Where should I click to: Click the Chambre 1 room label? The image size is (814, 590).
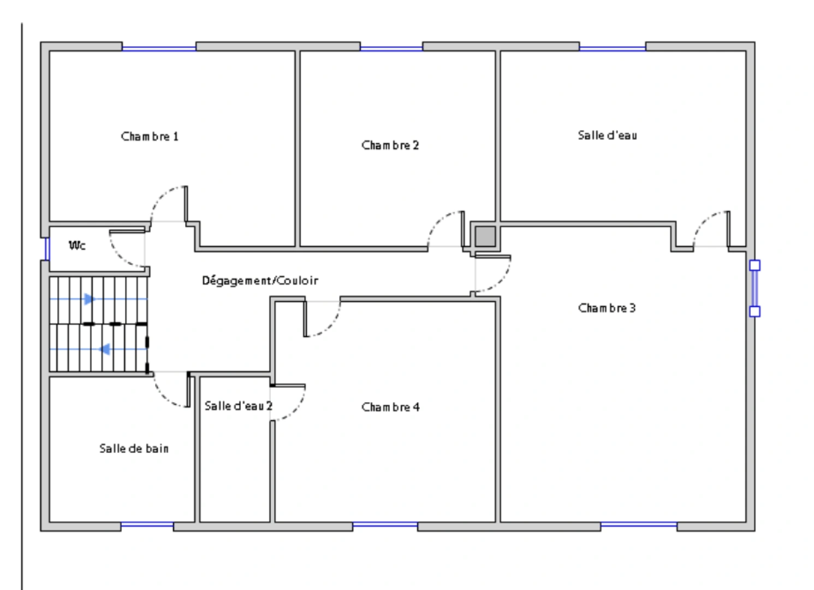tap(150, 136)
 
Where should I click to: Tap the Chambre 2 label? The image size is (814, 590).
tap(390, 145)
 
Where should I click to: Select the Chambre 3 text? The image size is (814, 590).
tap(607, 308)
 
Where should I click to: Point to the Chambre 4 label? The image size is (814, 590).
tap(390, 407)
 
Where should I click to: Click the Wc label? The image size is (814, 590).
tap(77, 245)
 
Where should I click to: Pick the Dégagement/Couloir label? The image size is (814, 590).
tap(260, 281)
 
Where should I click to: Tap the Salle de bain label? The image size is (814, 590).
tap(134, 449)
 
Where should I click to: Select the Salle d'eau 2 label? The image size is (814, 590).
tap(238, 406)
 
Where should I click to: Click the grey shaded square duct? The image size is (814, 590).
tap(484, 237)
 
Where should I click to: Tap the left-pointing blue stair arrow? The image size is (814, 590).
tap(105, 349)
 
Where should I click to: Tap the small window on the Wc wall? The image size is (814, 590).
tap(46, 249)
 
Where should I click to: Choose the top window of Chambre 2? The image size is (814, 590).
tap(391, 48)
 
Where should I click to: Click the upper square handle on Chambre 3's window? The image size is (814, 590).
tap(754, 265)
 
